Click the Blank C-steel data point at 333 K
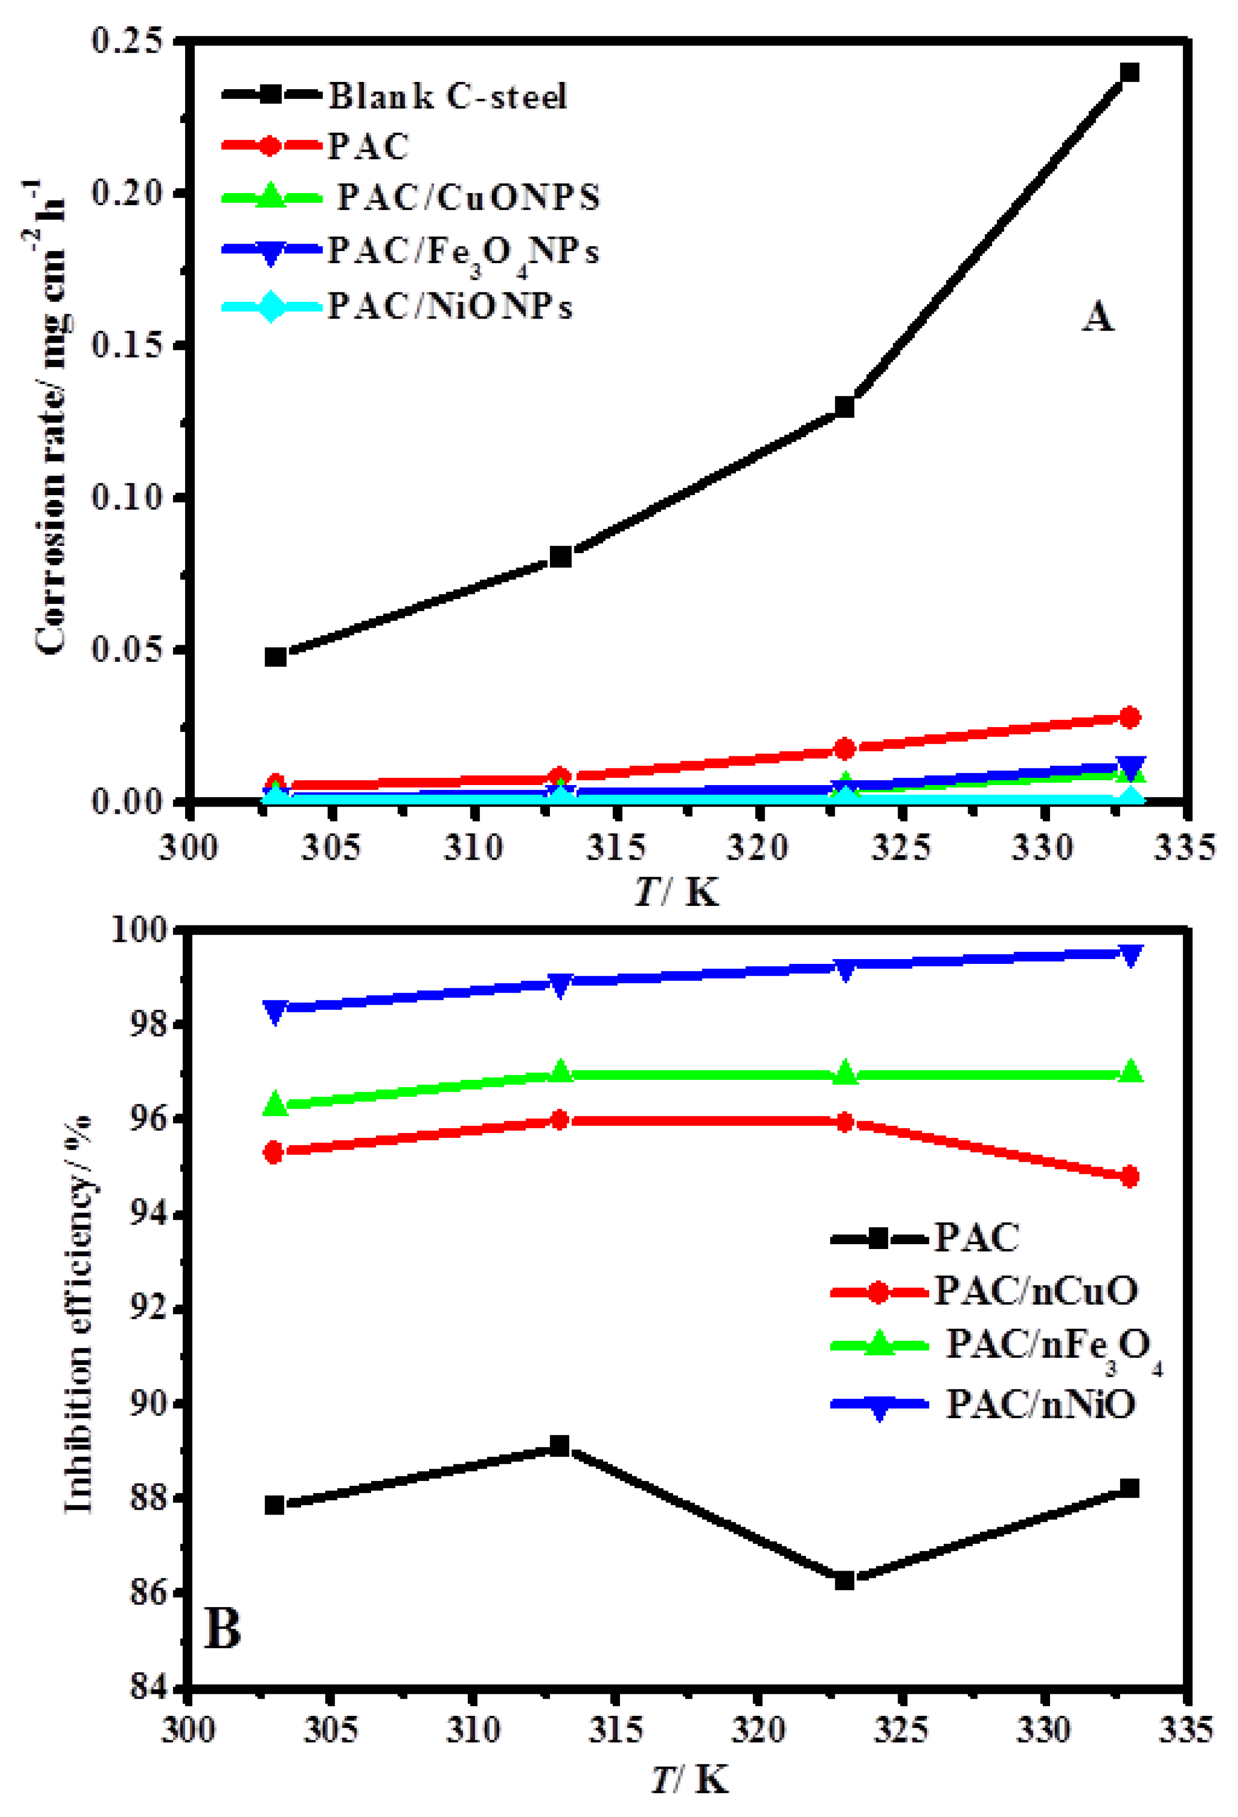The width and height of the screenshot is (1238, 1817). [1129, 73]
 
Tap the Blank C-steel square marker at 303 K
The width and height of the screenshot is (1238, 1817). [275, 656]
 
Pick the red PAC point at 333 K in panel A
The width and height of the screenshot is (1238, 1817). [1129, 717]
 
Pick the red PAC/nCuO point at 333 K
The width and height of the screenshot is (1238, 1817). [1129, 1177]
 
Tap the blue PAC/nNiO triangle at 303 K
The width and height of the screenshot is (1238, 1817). [275, 1011]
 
